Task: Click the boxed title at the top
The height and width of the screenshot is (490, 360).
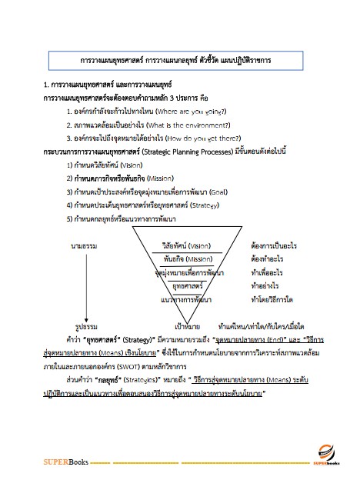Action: click(179, 58)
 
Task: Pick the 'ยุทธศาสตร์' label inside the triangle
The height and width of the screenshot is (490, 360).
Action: click(189, 285)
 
